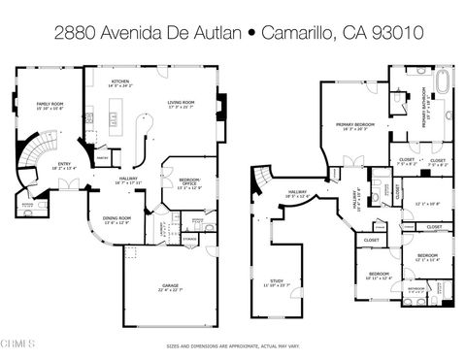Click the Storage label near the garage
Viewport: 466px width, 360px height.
pyautogui.click(x=189, y=239)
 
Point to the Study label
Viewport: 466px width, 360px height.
pyautogui.click(x=277, y=283)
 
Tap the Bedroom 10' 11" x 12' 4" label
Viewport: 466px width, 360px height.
pyautogui.click(x=378, y=275)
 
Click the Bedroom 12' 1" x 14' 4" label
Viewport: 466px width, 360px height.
pyautogui.click(x=426, y=258)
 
